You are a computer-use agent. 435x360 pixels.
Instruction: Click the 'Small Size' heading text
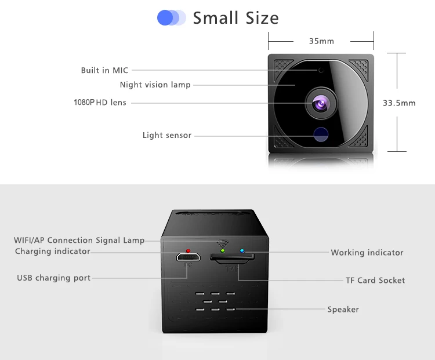[x=235, y=18]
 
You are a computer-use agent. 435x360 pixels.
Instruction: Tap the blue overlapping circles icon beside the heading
[x=171, y=18]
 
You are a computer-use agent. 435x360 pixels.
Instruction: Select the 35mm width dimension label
[x=321, y=41]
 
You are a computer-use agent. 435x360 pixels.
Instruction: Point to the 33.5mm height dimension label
[x=399, y=103]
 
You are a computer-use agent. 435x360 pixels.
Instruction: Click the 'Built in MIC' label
[x=104, y=71]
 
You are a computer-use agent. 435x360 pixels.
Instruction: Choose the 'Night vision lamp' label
[x=155, y=85]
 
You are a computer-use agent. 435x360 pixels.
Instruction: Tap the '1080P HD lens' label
[x=100, y=103]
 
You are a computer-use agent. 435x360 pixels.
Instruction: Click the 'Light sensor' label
[x=167, y=136]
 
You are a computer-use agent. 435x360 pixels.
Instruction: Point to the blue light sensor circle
[x=320, y=134]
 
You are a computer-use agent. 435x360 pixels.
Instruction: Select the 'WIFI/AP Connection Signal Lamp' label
[x=79, y=241]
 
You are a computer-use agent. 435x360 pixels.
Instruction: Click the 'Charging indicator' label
[x=53, y=252]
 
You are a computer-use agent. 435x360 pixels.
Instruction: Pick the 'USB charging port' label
[x=54, y=278]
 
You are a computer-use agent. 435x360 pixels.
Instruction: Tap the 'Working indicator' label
[x=367, y=253]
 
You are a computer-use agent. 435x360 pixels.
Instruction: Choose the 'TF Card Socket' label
[x=375, y=281]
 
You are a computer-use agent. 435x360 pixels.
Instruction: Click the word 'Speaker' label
[x=343, y=310]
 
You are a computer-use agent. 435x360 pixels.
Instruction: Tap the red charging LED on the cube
[x=187, y=251]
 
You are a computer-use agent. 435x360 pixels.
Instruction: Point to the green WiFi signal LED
[x=222, y=251]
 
